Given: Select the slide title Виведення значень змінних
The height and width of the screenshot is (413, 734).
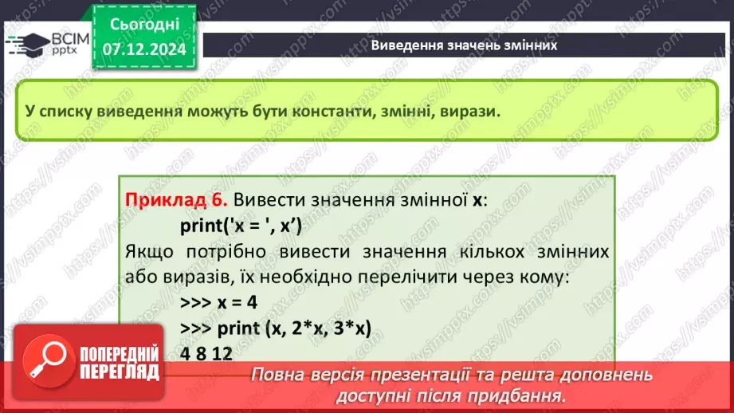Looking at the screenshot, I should pos(464,45).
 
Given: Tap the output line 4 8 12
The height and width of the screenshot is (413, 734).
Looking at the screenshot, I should pos(206,352).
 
